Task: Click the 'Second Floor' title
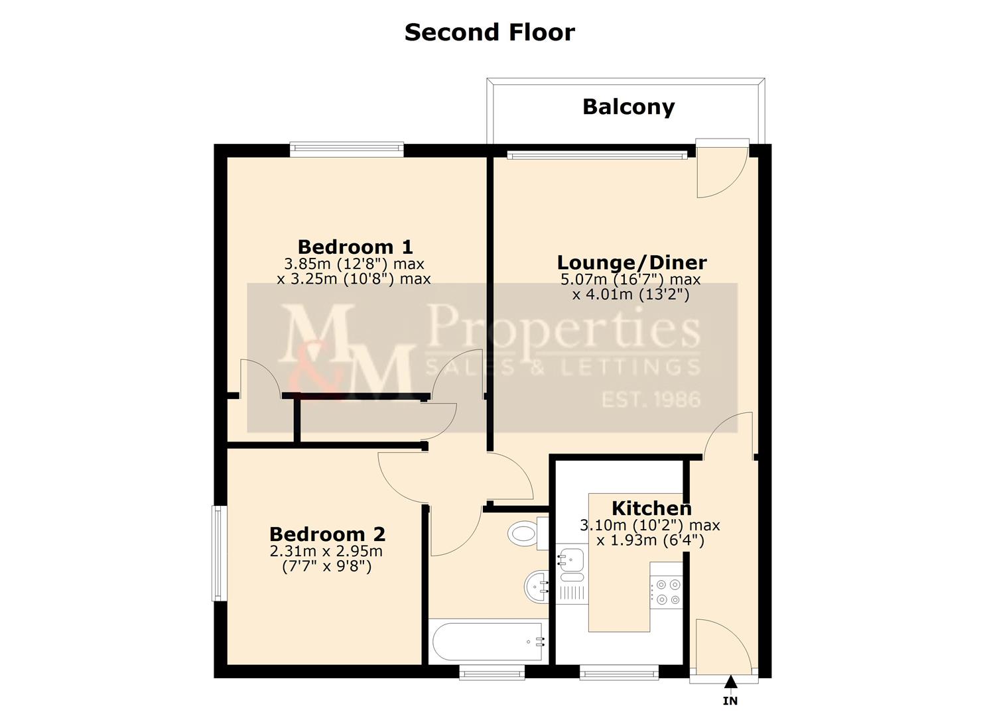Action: (x=490, y=32)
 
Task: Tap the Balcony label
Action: (x=628, y=107)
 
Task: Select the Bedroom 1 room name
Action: (x=355, y=247)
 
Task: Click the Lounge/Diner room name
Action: (x=631, y=262)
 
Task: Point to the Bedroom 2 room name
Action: (x=327, y=534)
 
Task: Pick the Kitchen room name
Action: (x=651, y=508)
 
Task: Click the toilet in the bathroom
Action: (x=525, y=532)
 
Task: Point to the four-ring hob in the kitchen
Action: (x=666, y=592)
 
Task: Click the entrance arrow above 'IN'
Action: (x=730, y=682)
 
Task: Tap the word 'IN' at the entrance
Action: (x=730, y=701)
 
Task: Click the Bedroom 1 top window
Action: (x=346, y=150)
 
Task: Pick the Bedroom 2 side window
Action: (x=218, y=554)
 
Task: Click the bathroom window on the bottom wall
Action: (x=492, y=674)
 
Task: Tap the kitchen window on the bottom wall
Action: (x=619, y=674)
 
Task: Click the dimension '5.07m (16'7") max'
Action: (x=630, y=280)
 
